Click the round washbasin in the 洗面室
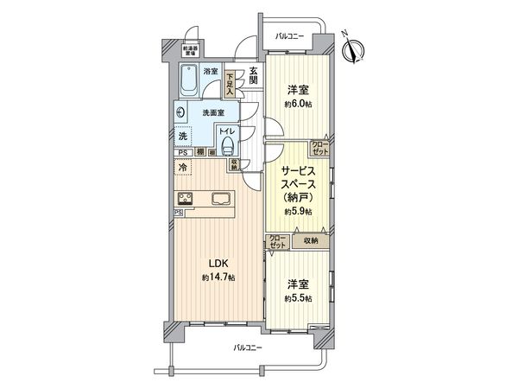click(x=181, y=112)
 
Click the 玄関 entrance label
click(x=253, y=75)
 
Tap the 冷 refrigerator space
click(x=183, y=169)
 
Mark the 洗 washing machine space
click(x=183, y=136)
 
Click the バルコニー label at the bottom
click(x=249, y=348)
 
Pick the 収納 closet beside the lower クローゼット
click(x=310, y=241)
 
